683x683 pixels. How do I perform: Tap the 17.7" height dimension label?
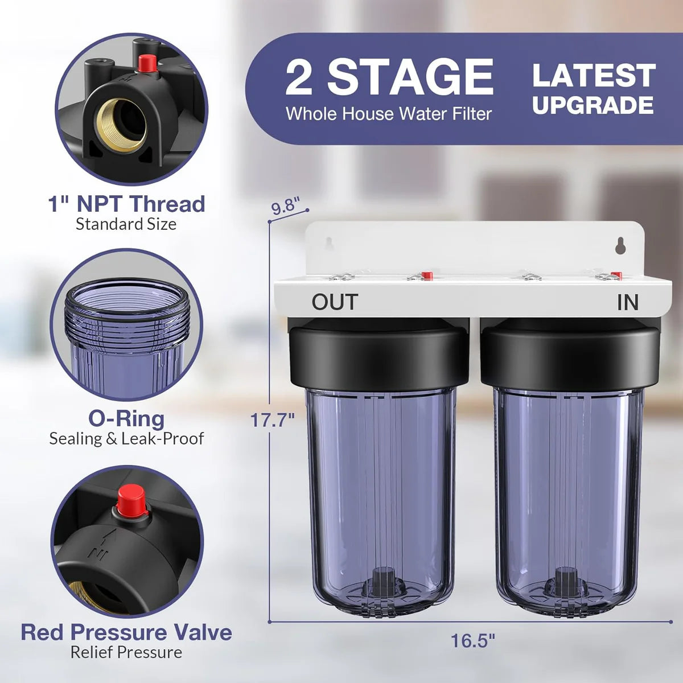coord(273,420)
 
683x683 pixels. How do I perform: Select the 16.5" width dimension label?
coord(473,641)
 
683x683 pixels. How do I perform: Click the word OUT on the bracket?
coord(335,302)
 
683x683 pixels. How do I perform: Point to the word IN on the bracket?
coord(628,303)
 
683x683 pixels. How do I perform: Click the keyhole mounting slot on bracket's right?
coord(622,245)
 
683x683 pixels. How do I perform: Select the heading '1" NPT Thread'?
coord(126,203)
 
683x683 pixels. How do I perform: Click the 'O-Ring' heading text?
coord(126,418)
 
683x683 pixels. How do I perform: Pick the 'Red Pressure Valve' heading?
coord(126,632)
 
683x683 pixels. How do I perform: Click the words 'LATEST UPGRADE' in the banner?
coord(594,90)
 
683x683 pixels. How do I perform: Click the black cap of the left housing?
coord(379,356)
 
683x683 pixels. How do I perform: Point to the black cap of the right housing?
coord(570,356)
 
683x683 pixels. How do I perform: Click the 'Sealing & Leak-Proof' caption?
coord(126,438)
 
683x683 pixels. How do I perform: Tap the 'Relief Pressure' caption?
coord(126,652)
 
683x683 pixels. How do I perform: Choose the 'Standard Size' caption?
coord(126,224)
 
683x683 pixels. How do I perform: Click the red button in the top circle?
coord(147,63)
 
